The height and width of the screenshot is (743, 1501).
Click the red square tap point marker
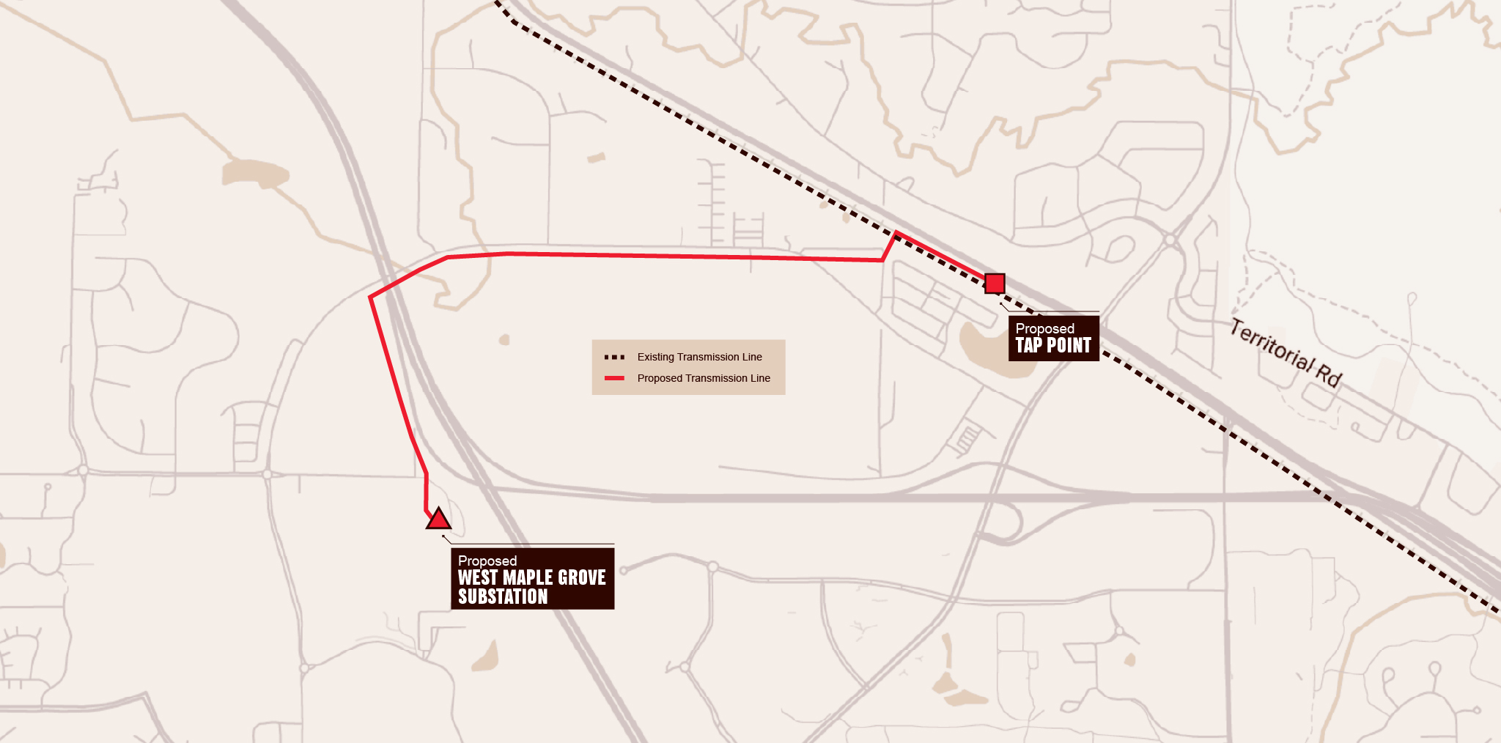(995, 284)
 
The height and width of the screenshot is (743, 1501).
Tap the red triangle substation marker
(438, 520)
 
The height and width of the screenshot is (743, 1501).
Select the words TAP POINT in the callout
(1053, 346)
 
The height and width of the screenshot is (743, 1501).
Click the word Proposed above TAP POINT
(1044, 328)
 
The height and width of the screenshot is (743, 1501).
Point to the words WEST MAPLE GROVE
(531, 578)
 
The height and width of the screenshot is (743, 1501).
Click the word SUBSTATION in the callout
(503, 597)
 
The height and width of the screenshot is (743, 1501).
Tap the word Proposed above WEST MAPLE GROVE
(487, 561)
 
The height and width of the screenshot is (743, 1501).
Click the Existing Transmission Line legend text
(699, 357)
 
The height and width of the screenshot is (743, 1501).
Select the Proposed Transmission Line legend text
(703, 378)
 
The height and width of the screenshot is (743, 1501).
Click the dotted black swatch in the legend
(614, 358)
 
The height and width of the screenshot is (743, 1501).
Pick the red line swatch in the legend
(614, 378)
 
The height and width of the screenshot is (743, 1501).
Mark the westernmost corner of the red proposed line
(371, 297)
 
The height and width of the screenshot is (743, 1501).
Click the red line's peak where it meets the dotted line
(896, 233)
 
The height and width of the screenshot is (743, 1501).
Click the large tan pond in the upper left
(254, 174)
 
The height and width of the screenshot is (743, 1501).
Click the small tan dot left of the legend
(504, 339)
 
